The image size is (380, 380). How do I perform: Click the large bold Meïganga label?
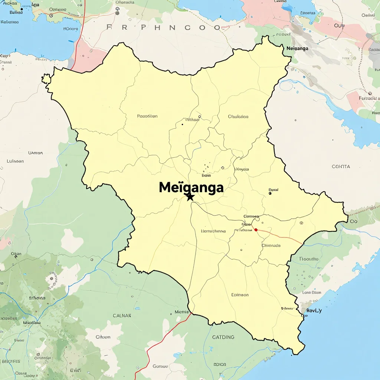click(x=191, y=187)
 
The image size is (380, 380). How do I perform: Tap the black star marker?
click(x=190, y=197)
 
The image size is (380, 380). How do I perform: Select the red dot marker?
click(x=256, y=230)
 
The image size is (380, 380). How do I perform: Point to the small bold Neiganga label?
click(x=298, y=49)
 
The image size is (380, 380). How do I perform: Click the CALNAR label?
click(x=122, y=316)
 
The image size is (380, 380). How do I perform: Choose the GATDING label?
click(x=223, y=337)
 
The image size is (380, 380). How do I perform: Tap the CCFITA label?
click(x=341, y=167)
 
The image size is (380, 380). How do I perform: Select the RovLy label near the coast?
click(x=314, y=310)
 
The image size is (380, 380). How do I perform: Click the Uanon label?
click(x=36, y=153)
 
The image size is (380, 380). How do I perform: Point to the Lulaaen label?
click(x=15, y=161)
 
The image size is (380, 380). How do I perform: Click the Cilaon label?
click(x=103, y=337)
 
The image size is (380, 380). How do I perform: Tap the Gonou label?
click(x=160, y=366)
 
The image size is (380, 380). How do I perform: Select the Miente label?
click(x=182, y=312)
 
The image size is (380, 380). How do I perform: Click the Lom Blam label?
click(x=311, y=292)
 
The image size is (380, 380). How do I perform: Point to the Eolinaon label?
click(x=240, y=295)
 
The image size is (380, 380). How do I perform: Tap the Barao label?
click(x=16, y=12)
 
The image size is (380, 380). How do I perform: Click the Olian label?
click(x=16, y=254)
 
